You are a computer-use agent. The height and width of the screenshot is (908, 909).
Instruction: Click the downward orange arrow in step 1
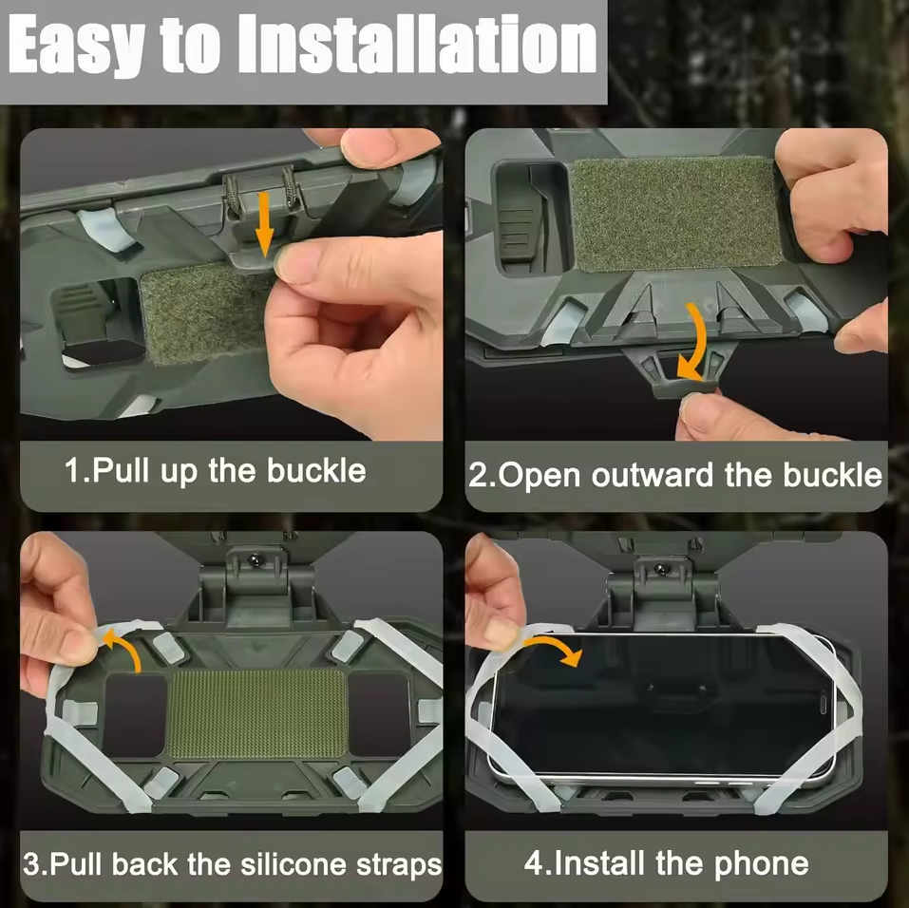(x=264, y=222)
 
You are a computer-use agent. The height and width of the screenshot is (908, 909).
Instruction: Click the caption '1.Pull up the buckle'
(x=216, y=471)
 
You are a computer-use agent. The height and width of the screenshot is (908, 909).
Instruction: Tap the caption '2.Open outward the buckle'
(x=675, y=475)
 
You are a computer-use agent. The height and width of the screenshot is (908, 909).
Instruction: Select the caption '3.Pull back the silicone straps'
(x=233, y=865)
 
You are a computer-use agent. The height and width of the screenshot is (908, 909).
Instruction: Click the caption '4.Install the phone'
(x=666, y=864)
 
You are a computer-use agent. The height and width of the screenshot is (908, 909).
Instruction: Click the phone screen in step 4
(x=665, y=704)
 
